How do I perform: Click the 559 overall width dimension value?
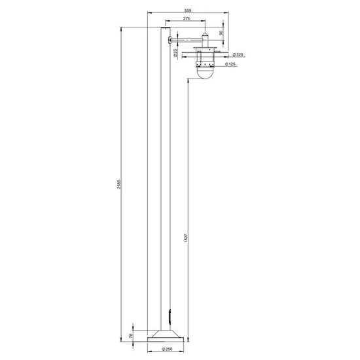188,10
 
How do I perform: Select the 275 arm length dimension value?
187,18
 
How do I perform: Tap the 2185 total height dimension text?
118,184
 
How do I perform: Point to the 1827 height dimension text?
186,238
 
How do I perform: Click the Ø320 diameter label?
238,54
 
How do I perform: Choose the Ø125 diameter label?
230,64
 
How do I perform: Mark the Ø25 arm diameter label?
175,52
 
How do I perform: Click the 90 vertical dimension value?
221,33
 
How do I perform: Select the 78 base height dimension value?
131,336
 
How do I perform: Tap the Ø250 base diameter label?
167,350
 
